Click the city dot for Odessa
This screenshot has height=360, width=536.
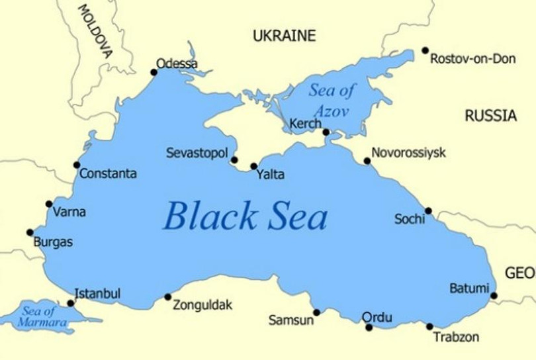pyautogui.click(x=154, y=72)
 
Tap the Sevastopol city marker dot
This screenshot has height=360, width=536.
pyautogui.click(x=234, y=159)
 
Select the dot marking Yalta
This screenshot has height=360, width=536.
pyautogui.click(x=253, y=166)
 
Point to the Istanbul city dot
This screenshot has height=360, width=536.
pyautogui.click(x=71, y=303)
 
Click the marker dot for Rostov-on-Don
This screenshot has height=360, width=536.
pyautogui.click(x=425, y=50)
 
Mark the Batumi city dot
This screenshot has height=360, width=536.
pyautogui.click(x=494, y=296)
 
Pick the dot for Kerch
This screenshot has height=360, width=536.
pyautogui.click(x=326, y=132)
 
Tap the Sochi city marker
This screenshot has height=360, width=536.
pyautogui.click(x=428, y=210)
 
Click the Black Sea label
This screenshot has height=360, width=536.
pyautogui.click(x=245, y=216)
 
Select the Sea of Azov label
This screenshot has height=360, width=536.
pyautogui.click(x=331, y=100)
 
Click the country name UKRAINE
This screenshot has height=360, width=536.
pyautogui.click(x=285, y=36)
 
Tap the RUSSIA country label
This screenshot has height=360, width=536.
pyautogui.click(x=490, y=116)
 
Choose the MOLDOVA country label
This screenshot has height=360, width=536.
pyautogui.click(x=95, y=31)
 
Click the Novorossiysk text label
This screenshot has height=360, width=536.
pyautogui.click(x=408, y=153)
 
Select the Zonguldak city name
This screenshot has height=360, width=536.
pyautogui.click(x=202, y=305)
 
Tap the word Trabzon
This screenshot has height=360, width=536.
pyautogui.click(x=456, y=337)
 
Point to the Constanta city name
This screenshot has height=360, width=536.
pyautogui.click(x=108, y=174)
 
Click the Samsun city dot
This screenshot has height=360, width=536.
pyautogui.click(x=316, y=312)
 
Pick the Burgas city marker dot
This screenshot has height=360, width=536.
pyautogui.click(x=30, y=232)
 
